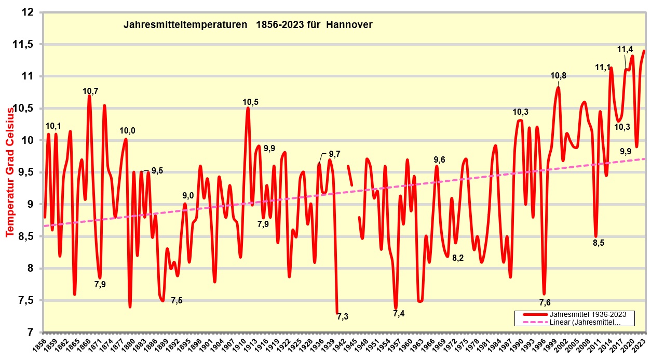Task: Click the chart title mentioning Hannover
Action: (248, 25)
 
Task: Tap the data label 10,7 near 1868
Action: (90, 91)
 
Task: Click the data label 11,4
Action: (625, 49)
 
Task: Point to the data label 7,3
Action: (343, 316)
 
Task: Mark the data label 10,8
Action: (558, 76)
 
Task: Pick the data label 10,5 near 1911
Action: (250, 102)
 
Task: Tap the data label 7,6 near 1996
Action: (545, 303)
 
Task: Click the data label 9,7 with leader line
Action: (335, 154)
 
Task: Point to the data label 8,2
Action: (457, 258)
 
